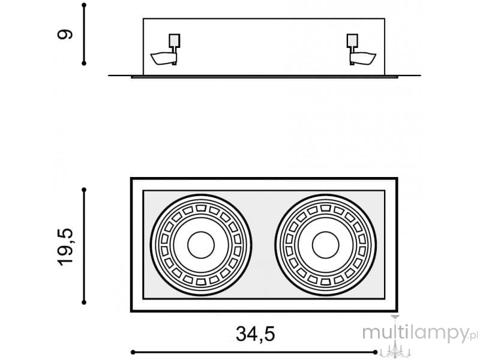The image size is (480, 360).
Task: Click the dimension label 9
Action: [65, 34]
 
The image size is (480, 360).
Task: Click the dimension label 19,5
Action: [65, 247]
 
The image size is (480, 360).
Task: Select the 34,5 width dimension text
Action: [256, 334]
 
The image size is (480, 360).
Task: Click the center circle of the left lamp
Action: [201, 245]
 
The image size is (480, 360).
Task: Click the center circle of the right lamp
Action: [325, 245]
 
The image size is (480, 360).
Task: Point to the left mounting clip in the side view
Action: [164, 59]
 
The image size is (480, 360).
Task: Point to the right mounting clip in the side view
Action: [363, 59]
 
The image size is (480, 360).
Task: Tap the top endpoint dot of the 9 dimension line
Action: [84, 5]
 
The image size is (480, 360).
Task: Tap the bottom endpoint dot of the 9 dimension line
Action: [84, 64]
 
